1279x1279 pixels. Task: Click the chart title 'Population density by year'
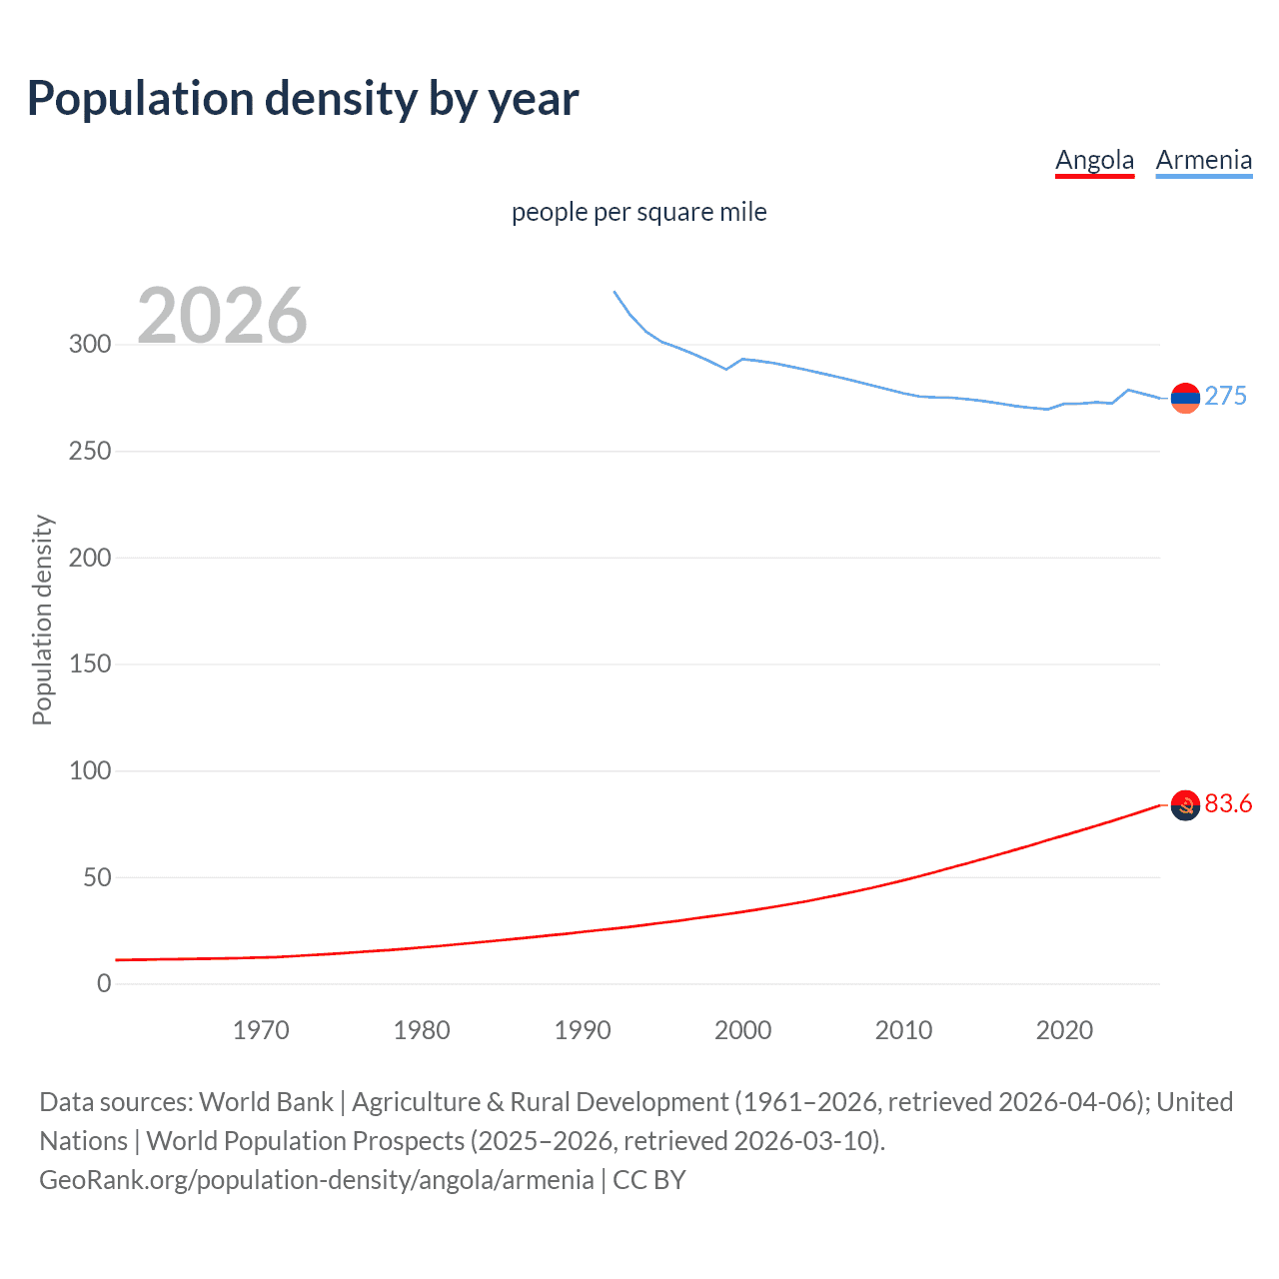point(303,99)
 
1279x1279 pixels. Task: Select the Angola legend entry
point(1094,160)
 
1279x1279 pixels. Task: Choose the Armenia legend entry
point(1203,160)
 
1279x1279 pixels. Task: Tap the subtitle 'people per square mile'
point(639,212)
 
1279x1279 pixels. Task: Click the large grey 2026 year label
point(222,316)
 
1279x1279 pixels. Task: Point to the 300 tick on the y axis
point(90,345)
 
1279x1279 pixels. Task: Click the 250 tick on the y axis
point(90,452)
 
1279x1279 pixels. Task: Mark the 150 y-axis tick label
point(90,664)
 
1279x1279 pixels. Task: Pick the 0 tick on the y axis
point(104,984)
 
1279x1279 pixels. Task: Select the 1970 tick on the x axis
point(261,1030)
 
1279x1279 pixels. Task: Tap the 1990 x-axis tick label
point(583,1030)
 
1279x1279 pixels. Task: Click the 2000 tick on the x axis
point(742,1030)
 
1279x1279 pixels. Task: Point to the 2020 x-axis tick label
point(1064,1030)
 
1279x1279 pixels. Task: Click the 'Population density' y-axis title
point(42,620)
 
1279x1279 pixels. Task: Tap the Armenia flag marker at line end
point(1185,398)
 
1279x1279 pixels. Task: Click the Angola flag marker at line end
point(1185,805)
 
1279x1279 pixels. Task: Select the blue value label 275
point(1225,397)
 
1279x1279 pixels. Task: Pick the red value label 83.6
point(1228,804)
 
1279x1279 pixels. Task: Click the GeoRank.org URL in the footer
point(317,1180)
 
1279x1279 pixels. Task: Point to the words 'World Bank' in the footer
point(266,1102)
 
